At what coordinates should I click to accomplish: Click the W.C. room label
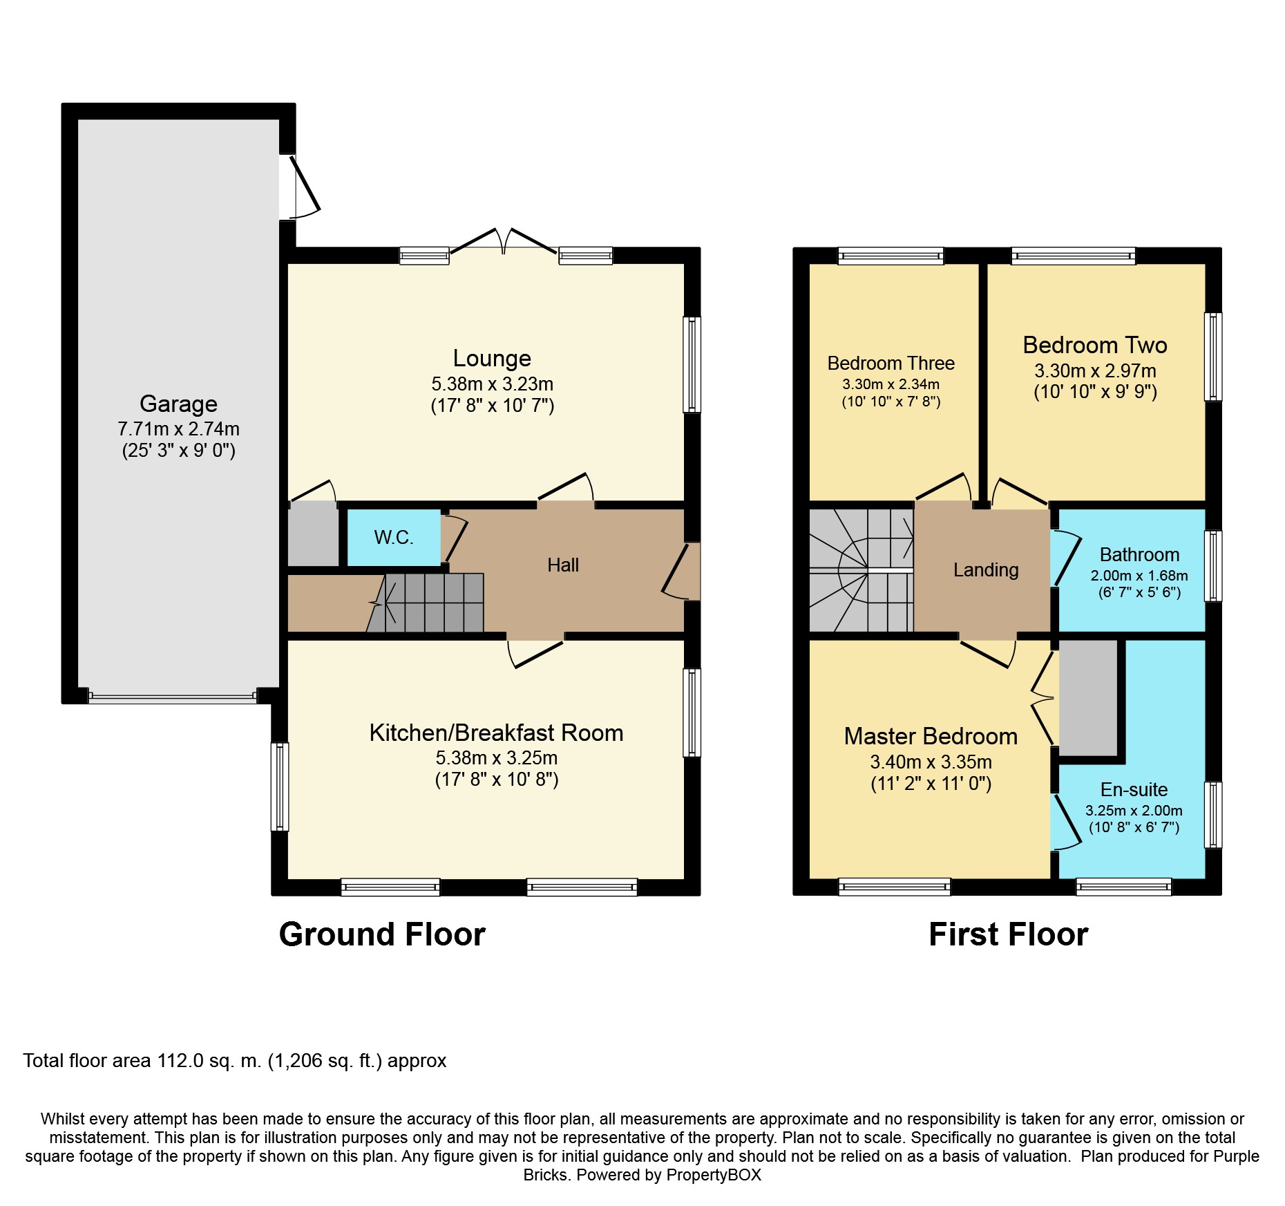(394, 538)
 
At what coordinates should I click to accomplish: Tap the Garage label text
(178, 404)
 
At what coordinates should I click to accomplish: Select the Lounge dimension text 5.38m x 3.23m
(493, 384)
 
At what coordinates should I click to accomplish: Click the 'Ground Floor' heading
(382, 934)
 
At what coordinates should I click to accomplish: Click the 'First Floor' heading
(1008, 934)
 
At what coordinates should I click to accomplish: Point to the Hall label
(563, 565)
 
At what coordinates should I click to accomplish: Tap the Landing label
(986, 570)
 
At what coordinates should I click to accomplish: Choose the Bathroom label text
(1139, 555)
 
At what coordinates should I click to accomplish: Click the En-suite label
(1134, 790)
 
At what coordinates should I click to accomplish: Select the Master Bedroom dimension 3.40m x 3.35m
(931, 762)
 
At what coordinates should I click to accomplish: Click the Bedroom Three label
(891, 364)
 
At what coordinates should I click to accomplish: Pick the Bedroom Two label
(1095, 345)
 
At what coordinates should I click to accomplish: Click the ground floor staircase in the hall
(425, 603)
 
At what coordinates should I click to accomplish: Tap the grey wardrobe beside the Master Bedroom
(1088, 698)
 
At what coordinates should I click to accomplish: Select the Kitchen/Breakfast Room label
(496, 733)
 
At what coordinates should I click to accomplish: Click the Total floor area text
(235, 1061)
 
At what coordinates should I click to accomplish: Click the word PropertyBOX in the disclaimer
(714, 1175)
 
